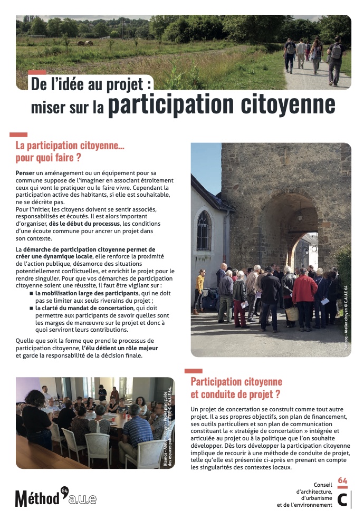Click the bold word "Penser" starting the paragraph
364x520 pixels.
point(25,172)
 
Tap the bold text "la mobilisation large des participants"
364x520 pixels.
point(87,293)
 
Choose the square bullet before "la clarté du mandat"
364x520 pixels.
point(31,307)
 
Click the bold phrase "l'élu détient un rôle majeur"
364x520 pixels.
point(120,348)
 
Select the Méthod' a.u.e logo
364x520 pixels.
point(55,496)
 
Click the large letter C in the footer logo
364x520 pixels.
point(342,499)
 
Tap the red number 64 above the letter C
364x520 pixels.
point(342,480)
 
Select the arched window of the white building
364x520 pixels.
point(204,231)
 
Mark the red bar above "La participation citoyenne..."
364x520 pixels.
point(18,135)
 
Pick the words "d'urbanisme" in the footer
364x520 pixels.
point(317,498)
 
